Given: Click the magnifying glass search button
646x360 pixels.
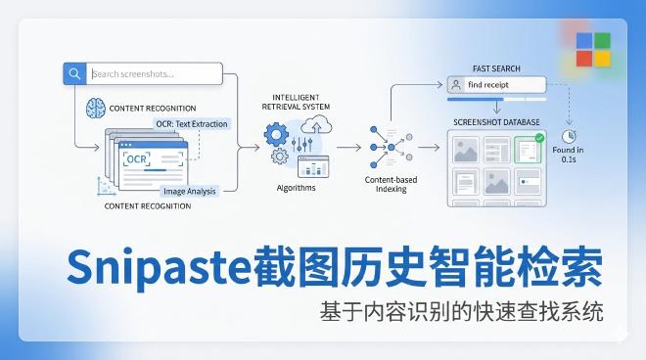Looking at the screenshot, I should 74,73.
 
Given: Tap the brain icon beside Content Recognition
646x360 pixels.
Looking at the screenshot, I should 95,107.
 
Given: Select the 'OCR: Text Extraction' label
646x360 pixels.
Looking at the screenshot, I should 192,124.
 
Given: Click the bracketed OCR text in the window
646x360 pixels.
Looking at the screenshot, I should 136,158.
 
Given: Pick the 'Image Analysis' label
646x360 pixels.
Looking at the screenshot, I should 189,192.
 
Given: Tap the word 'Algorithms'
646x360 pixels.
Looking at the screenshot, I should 296,187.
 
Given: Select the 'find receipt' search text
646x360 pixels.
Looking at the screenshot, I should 488,85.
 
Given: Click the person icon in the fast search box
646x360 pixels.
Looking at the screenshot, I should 456,85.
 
